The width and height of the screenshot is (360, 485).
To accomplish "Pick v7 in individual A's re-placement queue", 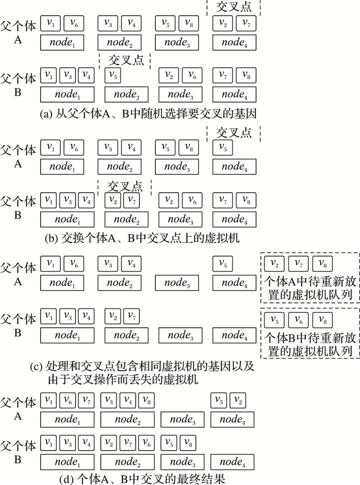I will [x=298, y=264].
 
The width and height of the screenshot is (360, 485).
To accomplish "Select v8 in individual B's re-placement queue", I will [x=322, y=320].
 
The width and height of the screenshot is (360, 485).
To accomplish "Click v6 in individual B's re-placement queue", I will [x=298, y=320].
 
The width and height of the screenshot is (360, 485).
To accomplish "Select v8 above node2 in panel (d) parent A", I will [x=147, y=399].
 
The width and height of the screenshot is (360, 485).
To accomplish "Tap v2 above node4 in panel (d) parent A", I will [x=238, y=399].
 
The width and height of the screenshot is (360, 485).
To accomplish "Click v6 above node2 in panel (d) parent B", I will [x=147, y=442].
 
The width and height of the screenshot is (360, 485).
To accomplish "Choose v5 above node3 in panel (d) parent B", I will [x=171, y=442].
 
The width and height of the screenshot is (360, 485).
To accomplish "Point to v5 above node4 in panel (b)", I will [x=222, y=148].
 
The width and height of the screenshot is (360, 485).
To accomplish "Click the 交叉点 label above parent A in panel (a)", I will [x=234, y=7].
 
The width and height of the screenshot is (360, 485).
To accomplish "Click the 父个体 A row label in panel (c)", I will [x=19, y=274].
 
